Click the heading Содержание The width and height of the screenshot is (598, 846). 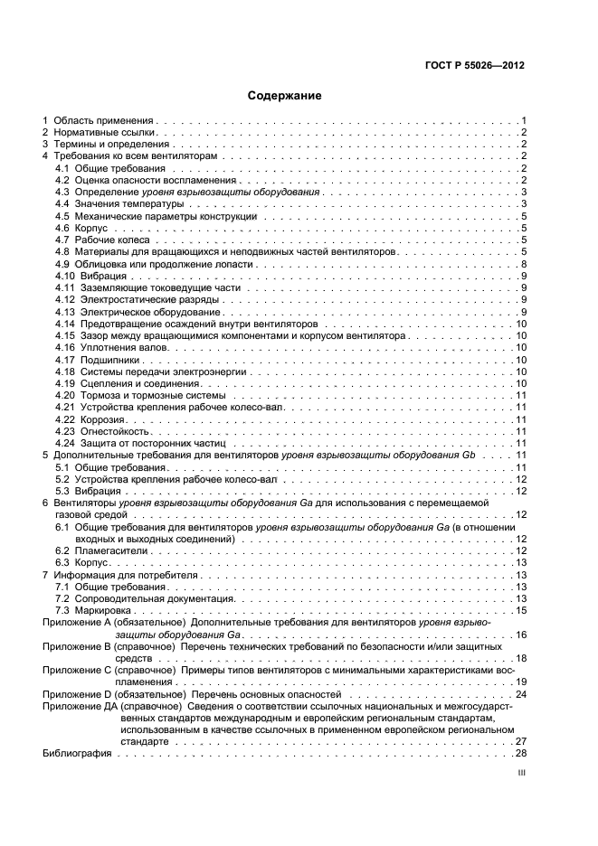click(284, 96)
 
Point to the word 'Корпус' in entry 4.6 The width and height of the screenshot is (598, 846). click(93, 230)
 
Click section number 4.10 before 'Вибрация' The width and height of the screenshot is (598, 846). click(63, 277)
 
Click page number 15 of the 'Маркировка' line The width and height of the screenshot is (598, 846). click(521, 610)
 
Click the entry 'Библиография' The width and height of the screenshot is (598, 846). click(77, 753)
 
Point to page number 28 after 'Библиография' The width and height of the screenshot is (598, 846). click(521, 753)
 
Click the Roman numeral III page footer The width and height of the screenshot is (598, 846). click(521, 774)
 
